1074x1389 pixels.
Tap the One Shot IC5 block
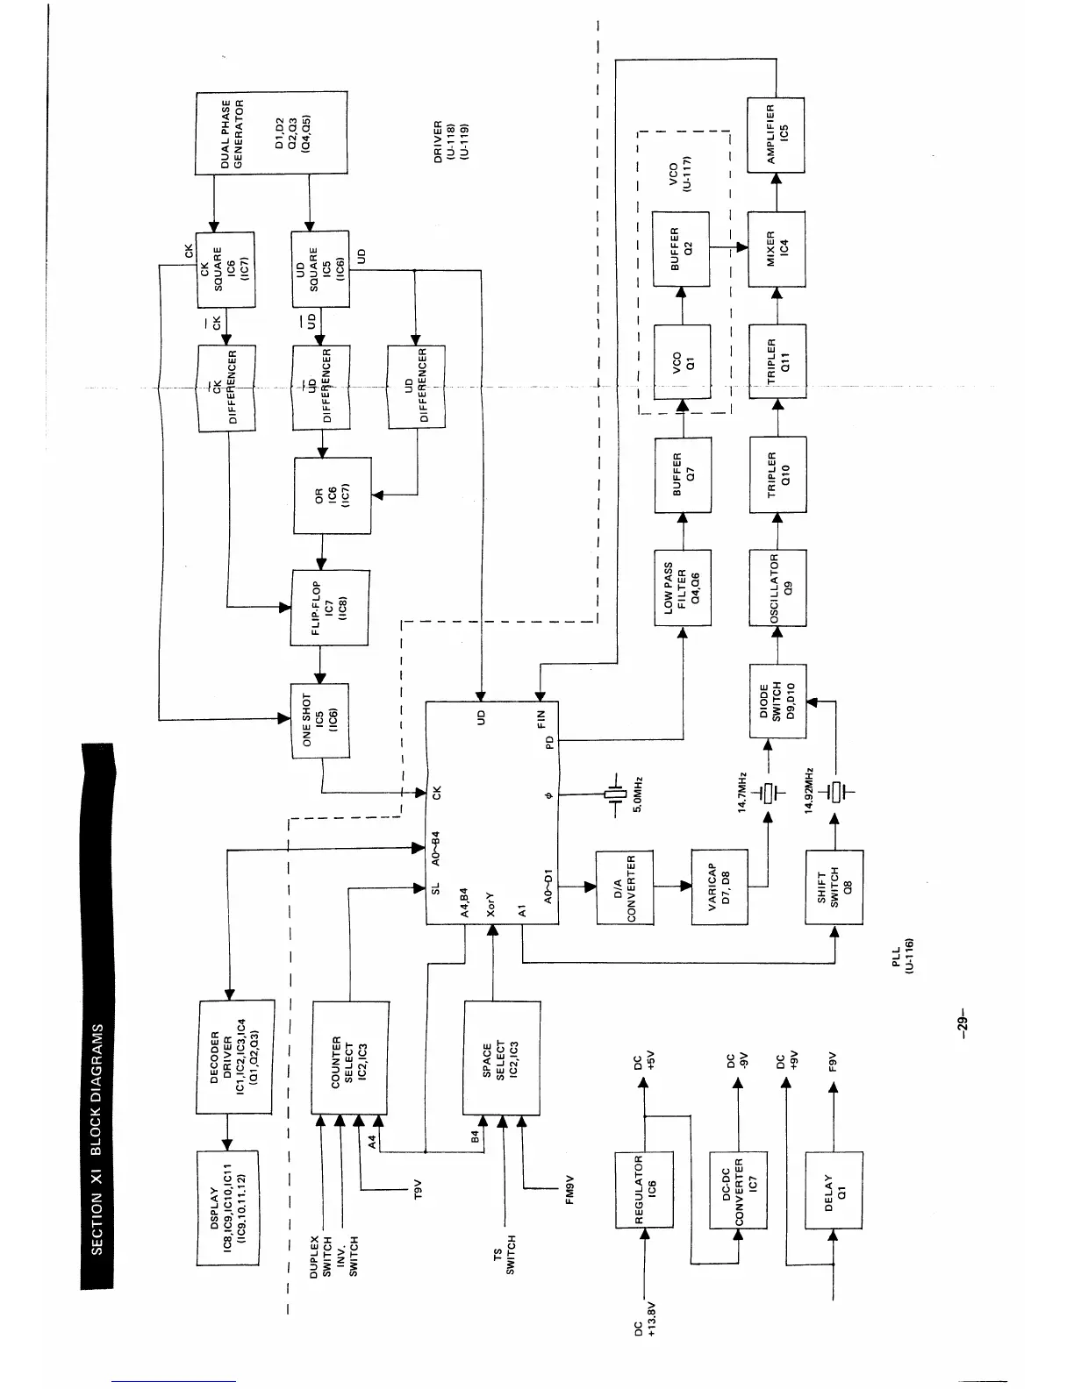[319, 720]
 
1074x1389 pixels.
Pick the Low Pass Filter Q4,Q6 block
[683, 588]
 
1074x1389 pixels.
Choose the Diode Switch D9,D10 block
[777, 702]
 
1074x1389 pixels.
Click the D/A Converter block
[625, 887]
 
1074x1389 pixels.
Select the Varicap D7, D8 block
[720, 887]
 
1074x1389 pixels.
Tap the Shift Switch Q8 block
[834, 887]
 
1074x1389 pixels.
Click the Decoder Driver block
[234, 1057]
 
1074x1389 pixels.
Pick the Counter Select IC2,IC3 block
[350, 1057]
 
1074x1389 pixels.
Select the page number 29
[962, 1022]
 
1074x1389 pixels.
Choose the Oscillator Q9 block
[777, 588]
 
